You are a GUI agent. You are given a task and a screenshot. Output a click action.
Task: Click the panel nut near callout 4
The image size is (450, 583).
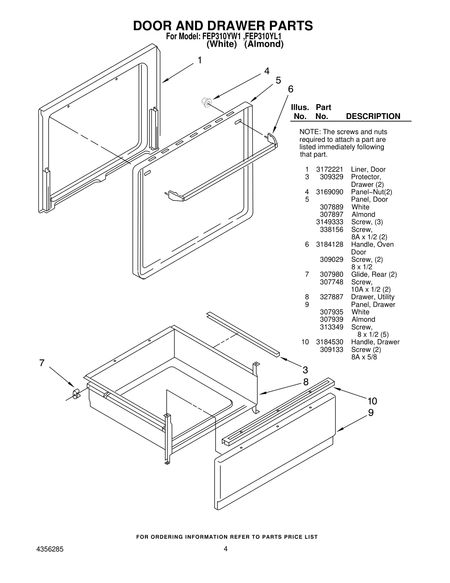point(206,102)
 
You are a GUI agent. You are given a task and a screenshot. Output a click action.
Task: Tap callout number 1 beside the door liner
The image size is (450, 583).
point(199,60)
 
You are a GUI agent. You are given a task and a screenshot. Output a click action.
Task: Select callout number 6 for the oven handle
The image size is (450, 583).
point(291,89)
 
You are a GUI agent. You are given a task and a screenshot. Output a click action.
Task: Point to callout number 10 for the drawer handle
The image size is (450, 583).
point(372,401)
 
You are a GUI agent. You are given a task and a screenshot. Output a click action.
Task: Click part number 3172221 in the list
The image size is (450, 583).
point(329,169)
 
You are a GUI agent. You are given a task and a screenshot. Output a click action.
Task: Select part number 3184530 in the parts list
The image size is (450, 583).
point(329,342)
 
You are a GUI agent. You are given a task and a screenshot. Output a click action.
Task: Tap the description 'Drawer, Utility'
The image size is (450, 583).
point(372,297)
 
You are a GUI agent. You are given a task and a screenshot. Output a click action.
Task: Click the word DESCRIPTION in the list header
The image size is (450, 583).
point(373,116)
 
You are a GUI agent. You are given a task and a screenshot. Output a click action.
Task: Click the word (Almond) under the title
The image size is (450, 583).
point(264,44)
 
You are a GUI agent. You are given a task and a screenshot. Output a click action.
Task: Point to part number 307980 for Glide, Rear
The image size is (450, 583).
point(331,274)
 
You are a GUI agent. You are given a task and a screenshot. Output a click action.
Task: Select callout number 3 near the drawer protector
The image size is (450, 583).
point(305,370)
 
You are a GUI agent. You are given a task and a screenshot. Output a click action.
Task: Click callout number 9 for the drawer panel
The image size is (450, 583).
point(371,413)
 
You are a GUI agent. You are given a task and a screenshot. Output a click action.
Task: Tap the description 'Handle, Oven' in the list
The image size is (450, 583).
point(372,245)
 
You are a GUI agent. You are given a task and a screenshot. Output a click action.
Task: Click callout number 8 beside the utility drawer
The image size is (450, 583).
point(306,382)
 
